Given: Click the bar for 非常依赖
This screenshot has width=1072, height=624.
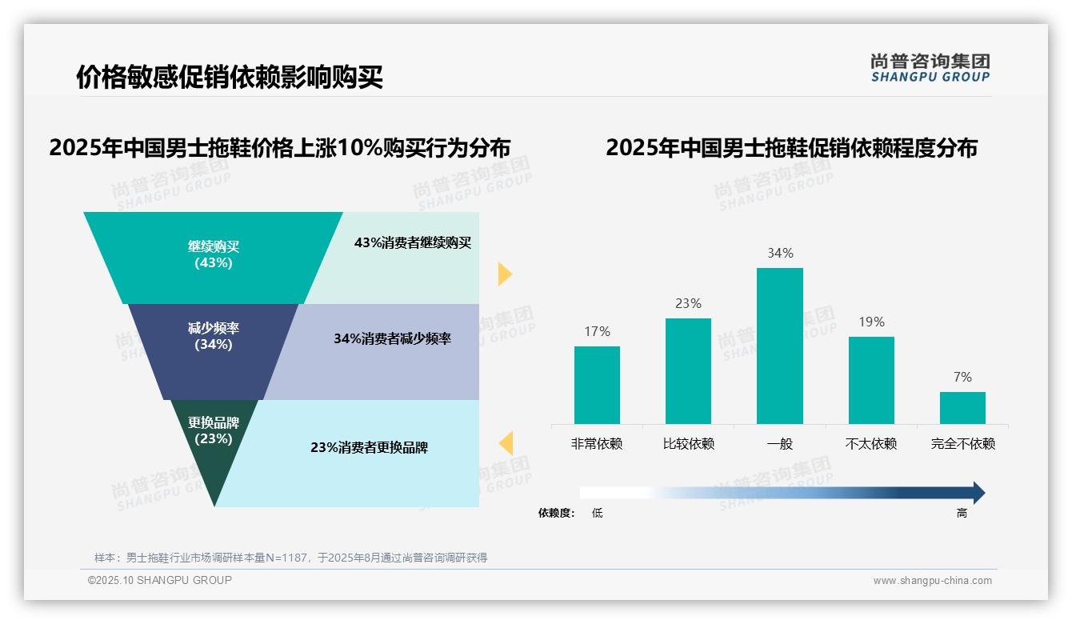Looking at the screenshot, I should (597, 385).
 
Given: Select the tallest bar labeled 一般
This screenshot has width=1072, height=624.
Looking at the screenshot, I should (780, 346).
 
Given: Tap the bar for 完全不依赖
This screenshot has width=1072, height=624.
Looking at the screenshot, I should (962, 407).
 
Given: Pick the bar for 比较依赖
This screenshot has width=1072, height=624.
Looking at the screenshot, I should (688, 370).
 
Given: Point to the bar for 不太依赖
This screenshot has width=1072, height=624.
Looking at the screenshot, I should (871, 380).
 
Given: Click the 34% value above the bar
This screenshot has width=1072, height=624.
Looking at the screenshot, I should (780, 253).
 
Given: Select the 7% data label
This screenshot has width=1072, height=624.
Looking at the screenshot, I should (962, 377).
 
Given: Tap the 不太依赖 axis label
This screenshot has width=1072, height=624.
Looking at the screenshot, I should (871, 443).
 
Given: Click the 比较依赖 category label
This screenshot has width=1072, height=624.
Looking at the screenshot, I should (688, 443).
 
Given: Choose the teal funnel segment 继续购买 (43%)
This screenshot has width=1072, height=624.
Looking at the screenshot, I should (213, 256).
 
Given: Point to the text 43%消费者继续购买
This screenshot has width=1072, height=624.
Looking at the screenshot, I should (413, 243).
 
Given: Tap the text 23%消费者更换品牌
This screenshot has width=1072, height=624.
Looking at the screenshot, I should (369, 448).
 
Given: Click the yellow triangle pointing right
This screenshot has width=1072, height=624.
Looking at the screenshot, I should (504, 274).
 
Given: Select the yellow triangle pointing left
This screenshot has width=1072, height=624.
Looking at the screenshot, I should (506, 442).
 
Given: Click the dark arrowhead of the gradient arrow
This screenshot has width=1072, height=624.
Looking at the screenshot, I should (978, 493).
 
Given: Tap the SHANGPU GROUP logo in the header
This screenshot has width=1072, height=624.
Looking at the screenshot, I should (930, 68).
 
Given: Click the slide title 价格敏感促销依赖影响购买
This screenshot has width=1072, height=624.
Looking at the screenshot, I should (230, 78).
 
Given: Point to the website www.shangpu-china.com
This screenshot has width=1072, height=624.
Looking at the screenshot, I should (932, 581).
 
